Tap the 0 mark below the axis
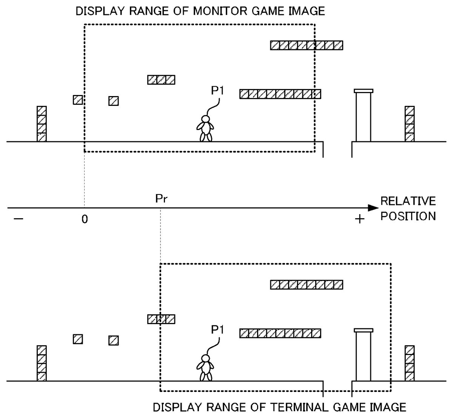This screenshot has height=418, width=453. [x=85, y=219]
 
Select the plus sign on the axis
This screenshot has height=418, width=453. [x=360, y=219]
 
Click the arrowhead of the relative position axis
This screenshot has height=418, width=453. [x=373, y=208]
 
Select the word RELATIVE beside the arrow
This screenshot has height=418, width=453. [x=408, y=201]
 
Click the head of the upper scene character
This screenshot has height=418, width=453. [x=205, y=119]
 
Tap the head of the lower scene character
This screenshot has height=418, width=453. [x=205, y=358]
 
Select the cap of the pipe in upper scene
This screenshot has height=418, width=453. [x=363, y=91]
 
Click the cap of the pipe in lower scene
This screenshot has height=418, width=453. [x=363, y=330]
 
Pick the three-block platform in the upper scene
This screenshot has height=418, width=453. [x=161, y=80]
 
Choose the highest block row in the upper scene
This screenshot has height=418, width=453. [x=307, y=45]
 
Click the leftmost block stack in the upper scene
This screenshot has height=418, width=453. [x=42, y=124]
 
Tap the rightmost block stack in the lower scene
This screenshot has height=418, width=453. [x=410, y=363]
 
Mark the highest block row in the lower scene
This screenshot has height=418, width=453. [x=307, y=285]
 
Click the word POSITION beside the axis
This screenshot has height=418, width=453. [x=408, y=216]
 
